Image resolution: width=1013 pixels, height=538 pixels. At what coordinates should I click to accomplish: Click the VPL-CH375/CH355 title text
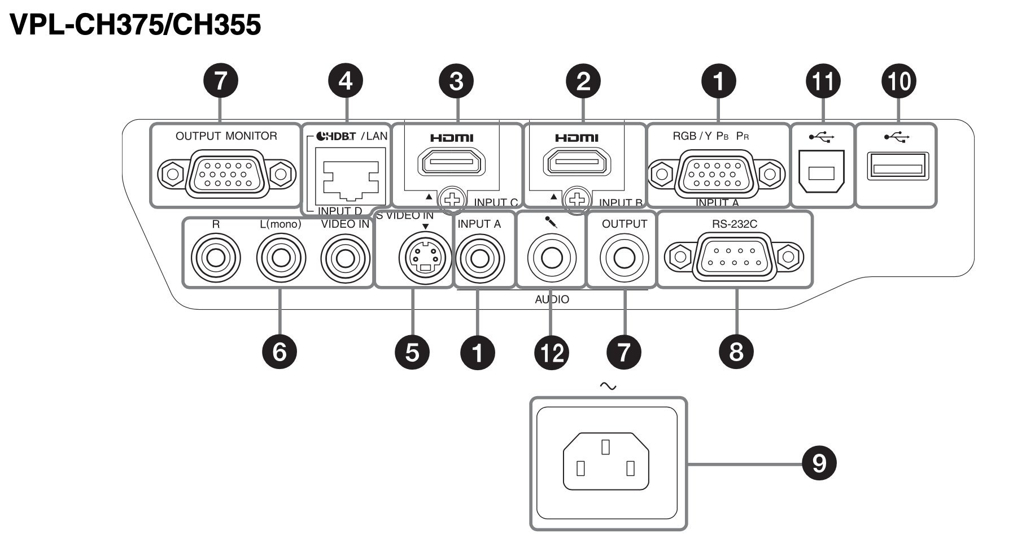[136, 25]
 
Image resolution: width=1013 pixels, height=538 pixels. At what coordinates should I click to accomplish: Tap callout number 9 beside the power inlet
[819, 463]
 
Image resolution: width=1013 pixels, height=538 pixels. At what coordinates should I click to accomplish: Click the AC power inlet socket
[606, 462]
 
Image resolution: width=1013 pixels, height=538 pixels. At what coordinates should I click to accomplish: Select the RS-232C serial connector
[734, 257]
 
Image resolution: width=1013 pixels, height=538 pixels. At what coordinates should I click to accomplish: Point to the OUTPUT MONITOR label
[226, 136]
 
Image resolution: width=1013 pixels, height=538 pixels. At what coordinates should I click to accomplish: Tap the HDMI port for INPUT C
[451, 164]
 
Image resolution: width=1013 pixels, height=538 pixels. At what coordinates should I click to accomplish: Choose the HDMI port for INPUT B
[577, 164]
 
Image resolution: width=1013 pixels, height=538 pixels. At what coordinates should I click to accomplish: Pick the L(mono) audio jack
[281, 258]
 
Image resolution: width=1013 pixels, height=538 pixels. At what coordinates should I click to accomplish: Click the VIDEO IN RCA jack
[345, 258]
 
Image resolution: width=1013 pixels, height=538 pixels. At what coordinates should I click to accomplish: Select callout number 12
[552, 353]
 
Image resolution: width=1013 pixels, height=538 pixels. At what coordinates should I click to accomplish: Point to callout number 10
[898, 81]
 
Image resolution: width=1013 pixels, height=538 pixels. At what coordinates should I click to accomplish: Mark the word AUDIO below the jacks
[552, 300]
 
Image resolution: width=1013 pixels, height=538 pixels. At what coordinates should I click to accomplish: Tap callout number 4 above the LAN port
[346, 81]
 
